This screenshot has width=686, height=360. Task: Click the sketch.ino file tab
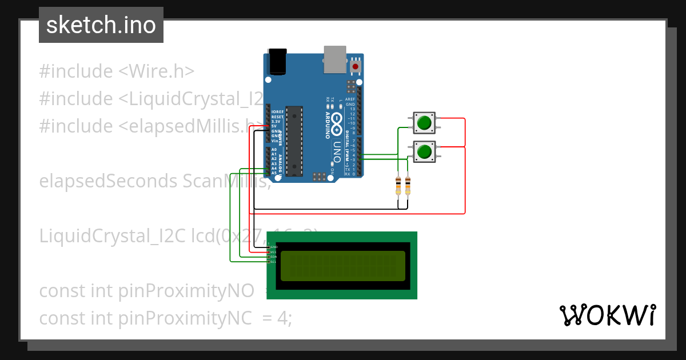101,25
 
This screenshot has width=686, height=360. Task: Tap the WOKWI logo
607,315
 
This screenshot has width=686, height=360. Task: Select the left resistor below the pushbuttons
398,185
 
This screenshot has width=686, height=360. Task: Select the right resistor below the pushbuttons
408,185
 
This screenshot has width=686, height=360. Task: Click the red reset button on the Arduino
356,67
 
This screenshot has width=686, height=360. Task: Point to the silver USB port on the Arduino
334,59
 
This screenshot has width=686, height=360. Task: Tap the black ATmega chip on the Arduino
294,140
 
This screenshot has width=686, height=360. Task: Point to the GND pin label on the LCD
273,247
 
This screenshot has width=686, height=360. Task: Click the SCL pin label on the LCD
273,262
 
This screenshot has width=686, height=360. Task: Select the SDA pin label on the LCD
273,257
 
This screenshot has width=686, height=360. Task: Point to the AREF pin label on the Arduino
350,99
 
